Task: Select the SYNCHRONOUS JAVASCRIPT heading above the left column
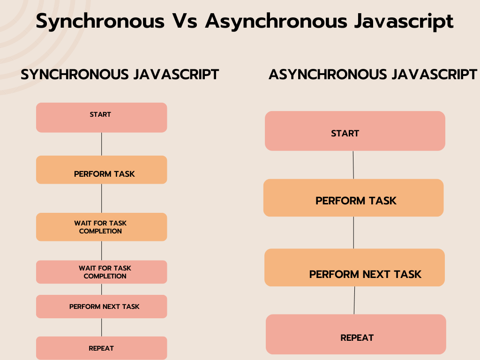tap(120, 75)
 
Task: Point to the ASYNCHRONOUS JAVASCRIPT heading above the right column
tap(373, 75)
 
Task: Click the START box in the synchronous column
tap(101, 117)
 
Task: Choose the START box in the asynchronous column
tap(355, 131)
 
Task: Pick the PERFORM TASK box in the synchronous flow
tap(101, 170)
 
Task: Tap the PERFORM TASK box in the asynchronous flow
tap(353, 198)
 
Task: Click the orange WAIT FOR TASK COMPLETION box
tap(101, 227)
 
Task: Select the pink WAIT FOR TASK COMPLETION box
tap(101, 272)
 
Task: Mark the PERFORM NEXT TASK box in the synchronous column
tap(101, 307)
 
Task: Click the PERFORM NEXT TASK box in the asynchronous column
tap(354, 268)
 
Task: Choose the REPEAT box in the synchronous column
tap(101, 348)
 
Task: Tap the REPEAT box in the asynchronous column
tap(356, 334)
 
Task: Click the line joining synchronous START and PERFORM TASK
tap(101, 144)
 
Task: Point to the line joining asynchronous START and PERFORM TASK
tap(353, 165)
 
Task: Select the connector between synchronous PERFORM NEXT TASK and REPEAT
tap(101, 327)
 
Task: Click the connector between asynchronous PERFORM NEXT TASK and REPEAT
tap(354, 300)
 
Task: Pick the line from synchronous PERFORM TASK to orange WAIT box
tap(101, 198)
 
